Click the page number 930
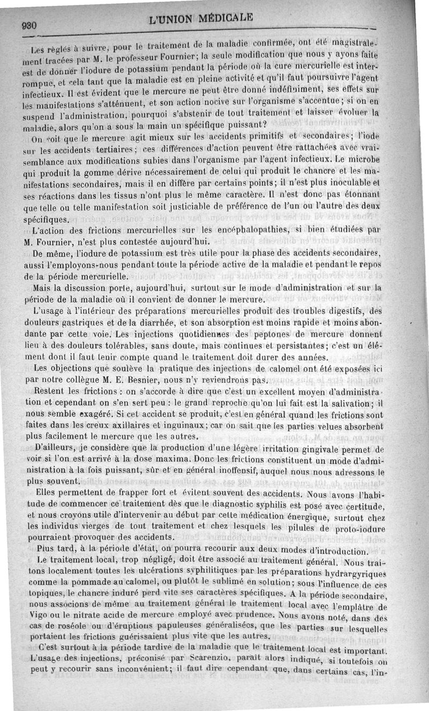pos(28,25)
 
